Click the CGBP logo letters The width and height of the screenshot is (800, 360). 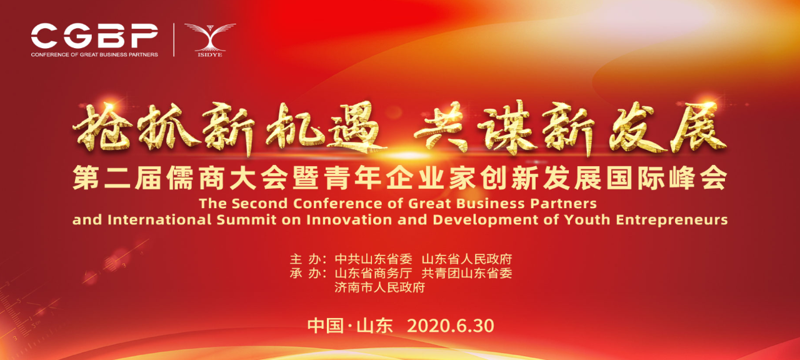coord(94,36)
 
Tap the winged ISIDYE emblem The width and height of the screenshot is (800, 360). coord(210,39)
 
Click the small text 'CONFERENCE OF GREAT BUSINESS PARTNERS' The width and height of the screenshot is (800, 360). coord(94,54)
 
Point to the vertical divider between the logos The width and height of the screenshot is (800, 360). coord(174,39)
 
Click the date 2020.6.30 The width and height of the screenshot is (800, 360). coord(451,326)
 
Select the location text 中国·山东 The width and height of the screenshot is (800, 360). coord(350,326)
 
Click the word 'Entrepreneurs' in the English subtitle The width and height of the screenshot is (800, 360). coord(672,220)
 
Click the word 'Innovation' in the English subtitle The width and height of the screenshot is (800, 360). coord(349,219)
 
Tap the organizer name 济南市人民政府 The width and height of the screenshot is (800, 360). coord(379,287)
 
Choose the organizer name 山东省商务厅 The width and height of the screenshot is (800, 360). coord(373,273)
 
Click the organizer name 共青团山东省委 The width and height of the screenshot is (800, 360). coord(467,273)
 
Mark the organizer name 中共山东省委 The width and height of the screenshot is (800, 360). coord(373,259)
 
